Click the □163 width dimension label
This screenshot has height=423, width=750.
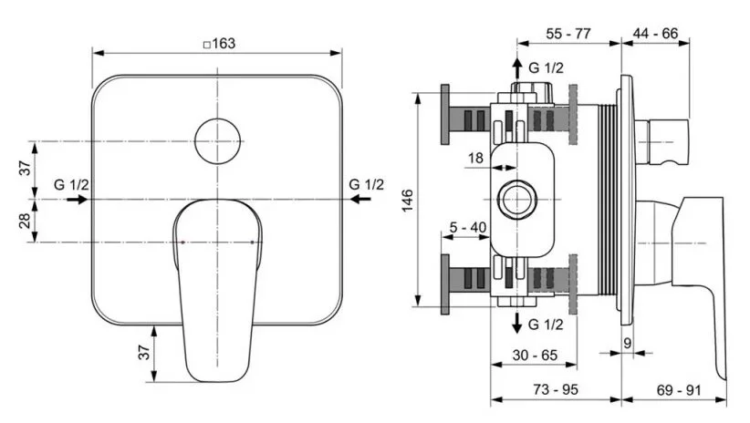217,45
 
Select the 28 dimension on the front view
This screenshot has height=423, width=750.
26,220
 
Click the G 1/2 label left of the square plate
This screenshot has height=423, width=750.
71,184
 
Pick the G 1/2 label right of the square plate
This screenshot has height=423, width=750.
367,184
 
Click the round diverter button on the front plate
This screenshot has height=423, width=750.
218,141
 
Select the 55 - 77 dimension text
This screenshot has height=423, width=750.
568,33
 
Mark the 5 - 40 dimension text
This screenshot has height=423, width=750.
466,227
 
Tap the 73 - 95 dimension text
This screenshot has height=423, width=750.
555,390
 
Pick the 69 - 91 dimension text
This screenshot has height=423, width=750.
676,390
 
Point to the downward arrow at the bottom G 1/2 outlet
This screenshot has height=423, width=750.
517,323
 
